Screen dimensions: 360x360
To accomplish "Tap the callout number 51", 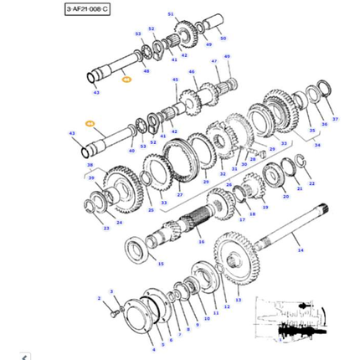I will [171, 15].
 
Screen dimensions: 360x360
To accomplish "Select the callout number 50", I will [222, 39].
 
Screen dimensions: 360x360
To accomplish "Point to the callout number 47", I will [214, 62].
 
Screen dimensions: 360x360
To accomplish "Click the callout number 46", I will [191, 73].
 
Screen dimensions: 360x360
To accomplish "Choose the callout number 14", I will [301, 250].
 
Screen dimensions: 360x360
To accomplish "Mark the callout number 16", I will [201, 241].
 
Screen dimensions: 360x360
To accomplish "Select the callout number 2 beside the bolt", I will [98, 298].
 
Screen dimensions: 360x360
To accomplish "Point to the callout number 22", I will [312, 182].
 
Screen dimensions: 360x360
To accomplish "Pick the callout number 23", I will [106, 228].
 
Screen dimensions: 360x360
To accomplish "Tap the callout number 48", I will [147, 71].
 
